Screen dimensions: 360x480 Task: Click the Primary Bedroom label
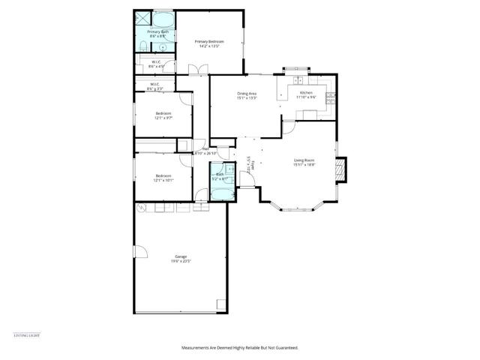[210, 43]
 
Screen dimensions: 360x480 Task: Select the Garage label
[180, 259]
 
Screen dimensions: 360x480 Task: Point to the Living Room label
[304, 163]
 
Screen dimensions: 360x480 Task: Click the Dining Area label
[247, 95]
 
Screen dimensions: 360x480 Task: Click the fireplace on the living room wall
[341, 170]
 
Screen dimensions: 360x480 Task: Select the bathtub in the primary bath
[163, 19]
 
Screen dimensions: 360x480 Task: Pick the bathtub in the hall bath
[223, 193]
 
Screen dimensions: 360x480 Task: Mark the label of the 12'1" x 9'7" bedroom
[163, 115]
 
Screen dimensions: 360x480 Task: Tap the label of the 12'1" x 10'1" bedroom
[163, 178]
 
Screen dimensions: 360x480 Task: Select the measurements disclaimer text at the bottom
[240, 348]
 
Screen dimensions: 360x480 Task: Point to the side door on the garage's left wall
[137, 253]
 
